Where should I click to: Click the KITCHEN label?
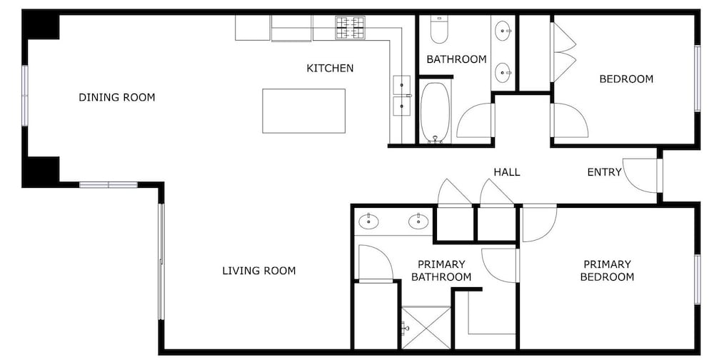point(330,69)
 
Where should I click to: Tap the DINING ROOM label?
point(117,97)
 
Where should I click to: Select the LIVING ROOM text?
point(259,271)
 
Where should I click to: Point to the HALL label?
point(507,172)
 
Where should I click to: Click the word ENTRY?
point(604,172)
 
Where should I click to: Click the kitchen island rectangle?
point(303,111)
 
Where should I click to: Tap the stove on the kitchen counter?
point(350,27)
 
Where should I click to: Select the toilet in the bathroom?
point(439,29)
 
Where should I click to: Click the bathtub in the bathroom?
point(436,112)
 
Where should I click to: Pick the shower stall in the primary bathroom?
point(426,328)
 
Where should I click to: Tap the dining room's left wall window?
point(25,95)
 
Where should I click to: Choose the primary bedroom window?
point(697,279)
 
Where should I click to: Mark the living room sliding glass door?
point(161,261)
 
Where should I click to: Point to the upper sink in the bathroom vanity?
point(503,31)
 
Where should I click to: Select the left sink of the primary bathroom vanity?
point(369,222)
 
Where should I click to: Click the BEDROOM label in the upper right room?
point(626,79)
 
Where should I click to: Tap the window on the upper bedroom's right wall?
point(697,79)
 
